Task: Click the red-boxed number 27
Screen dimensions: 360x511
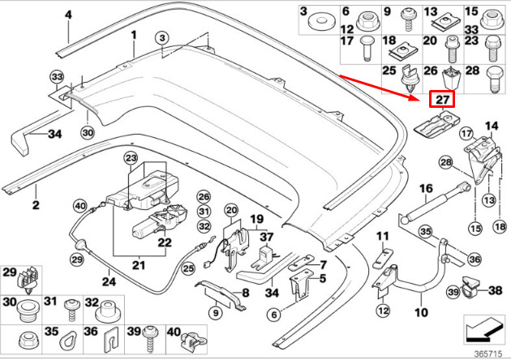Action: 442,100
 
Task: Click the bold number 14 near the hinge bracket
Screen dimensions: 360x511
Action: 491,126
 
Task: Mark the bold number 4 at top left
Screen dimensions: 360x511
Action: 68,15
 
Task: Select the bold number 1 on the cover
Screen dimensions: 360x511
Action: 135,34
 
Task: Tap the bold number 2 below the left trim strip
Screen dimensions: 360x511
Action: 36,205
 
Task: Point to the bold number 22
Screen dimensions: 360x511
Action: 165,242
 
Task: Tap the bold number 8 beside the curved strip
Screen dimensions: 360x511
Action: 245,294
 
